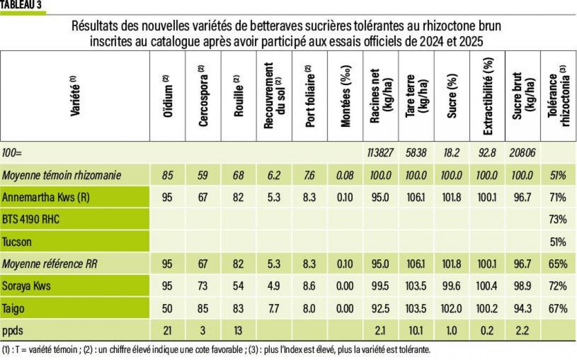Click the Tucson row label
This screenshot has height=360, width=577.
pos(17,242)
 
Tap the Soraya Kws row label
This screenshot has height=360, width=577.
pos(27,286)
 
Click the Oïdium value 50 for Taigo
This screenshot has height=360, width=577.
pos(167,308)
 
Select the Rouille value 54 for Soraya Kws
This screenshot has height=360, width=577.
pos(239,286)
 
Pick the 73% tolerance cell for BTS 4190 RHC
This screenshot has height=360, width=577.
pos(558,220)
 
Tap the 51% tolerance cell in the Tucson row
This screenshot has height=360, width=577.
pos(558,242)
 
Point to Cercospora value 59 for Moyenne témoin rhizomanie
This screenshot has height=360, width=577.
pos(203,175)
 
